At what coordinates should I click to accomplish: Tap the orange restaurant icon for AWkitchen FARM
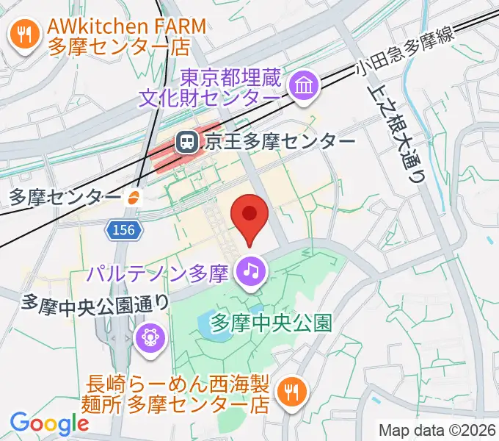[25, 35]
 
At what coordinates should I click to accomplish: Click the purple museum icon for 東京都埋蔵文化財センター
[302, 86]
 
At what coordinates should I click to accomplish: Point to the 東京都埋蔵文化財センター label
[230, 87]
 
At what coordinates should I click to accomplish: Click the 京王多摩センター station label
[278, 142]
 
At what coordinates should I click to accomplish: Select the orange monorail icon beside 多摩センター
[134, 197]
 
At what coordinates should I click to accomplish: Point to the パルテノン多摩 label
[159, 274]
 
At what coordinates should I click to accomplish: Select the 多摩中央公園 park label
[272, 321]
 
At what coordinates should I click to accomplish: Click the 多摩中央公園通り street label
[96, 301]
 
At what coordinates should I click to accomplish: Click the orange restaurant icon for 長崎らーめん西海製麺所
[291, 392]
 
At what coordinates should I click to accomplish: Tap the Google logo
[49, 423]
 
